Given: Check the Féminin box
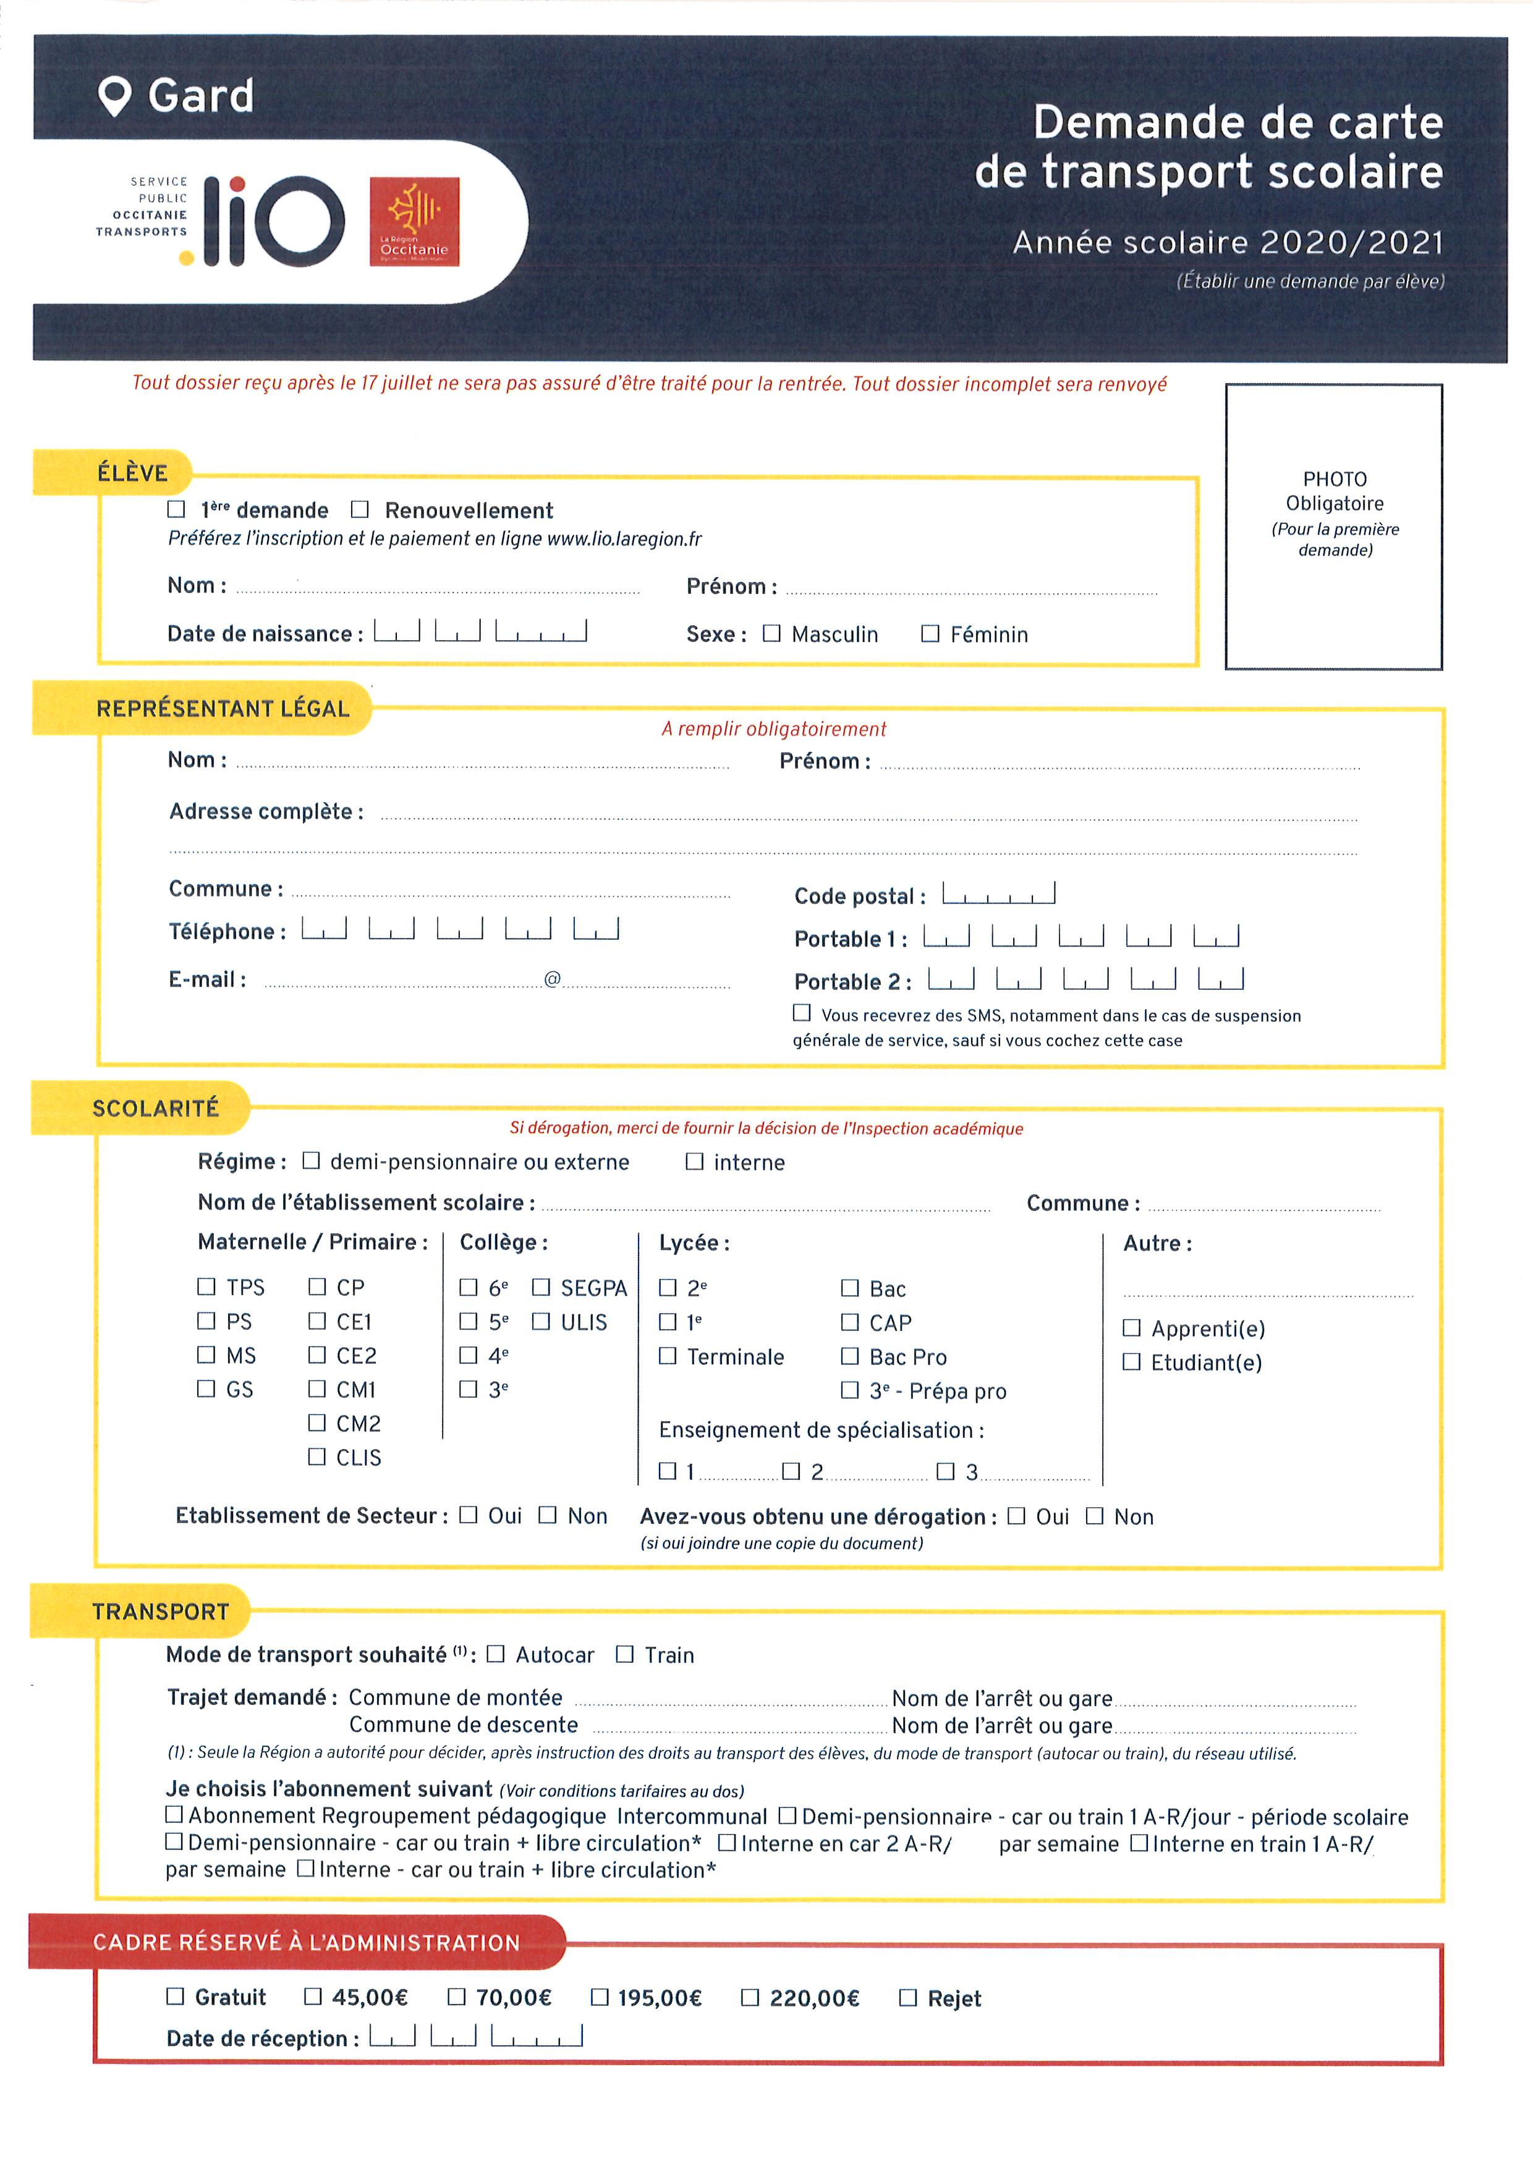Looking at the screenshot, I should pos(930,633).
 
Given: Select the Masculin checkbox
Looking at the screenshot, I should pos(771,633).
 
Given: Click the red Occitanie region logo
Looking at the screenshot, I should pos(414,222).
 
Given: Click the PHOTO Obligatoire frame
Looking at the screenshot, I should pos(1333,526).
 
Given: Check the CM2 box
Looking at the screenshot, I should pos(317,1422).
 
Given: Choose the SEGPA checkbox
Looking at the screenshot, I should pos(541,1287).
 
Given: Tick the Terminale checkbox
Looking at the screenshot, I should pos(668,1355).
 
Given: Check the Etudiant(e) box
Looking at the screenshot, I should pos(1131,1361).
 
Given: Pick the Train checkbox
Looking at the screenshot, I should pos(624,1654).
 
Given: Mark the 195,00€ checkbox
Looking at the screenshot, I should pos(600,1996).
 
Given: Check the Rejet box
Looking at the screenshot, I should pos(908,1997).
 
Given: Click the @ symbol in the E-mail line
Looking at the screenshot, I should pos(552,979).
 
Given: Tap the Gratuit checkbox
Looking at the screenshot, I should pos(175,1996).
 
